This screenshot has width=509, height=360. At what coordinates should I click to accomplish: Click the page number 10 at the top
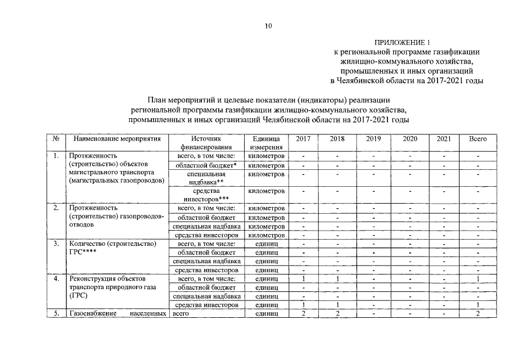268,25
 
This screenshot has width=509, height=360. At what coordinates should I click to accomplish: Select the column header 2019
373,138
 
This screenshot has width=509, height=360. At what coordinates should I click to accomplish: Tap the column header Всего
478,138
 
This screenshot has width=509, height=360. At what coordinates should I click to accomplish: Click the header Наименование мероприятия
113,138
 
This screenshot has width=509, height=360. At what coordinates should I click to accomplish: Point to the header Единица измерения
266,142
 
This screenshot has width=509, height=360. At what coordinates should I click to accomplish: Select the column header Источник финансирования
206,142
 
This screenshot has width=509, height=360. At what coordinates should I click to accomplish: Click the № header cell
56,138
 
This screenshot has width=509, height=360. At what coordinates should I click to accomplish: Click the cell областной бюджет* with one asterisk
206,165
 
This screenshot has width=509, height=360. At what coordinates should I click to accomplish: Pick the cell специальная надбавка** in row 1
206,178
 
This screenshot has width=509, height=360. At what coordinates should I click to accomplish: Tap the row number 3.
56,244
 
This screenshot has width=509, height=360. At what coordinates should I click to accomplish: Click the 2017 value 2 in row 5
303,313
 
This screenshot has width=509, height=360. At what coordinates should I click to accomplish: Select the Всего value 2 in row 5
478,313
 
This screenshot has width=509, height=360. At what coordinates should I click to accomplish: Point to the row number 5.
56,313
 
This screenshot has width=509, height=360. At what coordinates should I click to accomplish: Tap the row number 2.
56,208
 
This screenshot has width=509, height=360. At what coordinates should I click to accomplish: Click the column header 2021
444,138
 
